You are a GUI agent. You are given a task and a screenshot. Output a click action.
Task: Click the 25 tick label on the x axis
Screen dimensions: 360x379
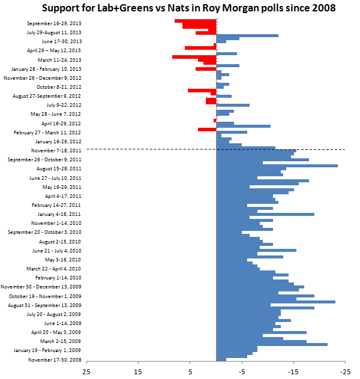coord(86,372)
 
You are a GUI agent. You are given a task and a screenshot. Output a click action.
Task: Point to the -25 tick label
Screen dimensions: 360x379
coord(345,372)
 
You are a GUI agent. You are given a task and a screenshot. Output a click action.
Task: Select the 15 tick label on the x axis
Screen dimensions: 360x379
coord(138,372)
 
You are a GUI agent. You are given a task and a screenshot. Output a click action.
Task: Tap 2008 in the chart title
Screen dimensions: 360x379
coord(323,8)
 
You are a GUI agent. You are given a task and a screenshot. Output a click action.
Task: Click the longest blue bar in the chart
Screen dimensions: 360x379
coord(277,166)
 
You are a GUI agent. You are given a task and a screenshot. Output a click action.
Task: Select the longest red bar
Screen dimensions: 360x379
coord(194,57)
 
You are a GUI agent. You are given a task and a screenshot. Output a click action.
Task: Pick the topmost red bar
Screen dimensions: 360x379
coord(196,21)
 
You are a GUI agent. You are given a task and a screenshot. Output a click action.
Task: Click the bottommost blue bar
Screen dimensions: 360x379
coord(221,359)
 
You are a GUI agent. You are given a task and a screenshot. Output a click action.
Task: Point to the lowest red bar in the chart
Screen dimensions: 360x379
coord(207,130)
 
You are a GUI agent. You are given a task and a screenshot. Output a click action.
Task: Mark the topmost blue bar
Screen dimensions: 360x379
coord(247,36)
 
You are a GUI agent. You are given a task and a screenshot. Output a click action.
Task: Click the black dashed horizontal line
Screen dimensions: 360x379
coord(215,149)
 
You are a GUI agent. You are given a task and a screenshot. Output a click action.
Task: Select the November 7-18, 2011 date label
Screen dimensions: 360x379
coord(56,151)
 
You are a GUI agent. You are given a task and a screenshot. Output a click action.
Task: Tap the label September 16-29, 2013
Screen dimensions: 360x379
coord(54,23)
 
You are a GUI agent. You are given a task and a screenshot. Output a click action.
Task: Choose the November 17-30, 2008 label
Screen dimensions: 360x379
coord(55,360)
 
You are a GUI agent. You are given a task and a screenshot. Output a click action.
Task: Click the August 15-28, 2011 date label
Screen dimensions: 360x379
coord(59,169)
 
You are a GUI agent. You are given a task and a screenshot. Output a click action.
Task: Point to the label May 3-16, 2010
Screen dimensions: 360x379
coord(63,260)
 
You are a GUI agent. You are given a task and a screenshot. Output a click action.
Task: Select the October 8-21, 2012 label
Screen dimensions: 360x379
coord(59,87)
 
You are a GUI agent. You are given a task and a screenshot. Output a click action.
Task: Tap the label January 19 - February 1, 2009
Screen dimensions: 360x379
coord(47,350)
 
